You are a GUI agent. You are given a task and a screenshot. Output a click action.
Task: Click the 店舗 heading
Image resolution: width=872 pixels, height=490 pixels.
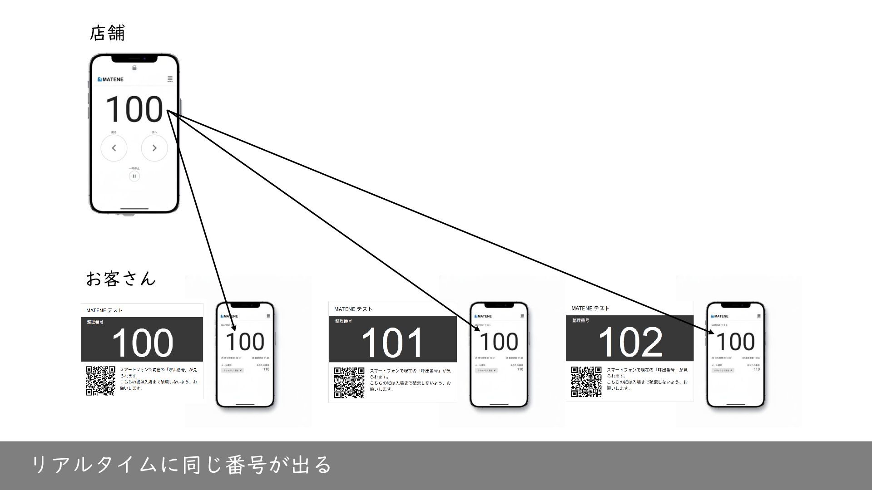107,34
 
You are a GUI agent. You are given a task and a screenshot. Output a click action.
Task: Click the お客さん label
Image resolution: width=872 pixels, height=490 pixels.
121,278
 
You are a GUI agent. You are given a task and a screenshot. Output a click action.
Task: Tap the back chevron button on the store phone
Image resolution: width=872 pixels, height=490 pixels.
114,148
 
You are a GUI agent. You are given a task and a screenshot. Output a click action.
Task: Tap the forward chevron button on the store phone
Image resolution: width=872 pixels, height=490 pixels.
154,148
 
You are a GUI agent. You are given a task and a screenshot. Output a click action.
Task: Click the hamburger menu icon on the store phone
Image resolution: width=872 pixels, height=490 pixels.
170,78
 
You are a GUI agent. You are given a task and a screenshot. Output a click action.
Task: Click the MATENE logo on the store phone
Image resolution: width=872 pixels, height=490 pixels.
110,79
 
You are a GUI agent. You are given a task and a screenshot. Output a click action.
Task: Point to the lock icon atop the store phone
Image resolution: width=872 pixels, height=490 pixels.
134,68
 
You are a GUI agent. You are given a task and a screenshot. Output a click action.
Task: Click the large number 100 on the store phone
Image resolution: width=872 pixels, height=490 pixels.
134,109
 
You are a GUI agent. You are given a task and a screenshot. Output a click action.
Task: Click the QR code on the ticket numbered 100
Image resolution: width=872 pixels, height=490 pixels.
100,380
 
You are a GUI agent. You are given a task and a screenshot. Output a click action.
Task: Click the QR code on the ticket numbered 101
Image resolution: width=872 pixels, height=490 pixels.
349,382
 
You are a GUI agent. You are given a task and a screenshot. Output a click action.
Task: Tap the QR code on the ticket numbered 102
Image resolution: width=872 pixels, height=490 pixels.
586,382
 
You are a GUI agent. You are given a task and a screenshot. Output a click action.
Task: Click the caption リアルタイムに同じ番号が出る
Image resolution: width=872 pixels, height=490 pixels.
182,465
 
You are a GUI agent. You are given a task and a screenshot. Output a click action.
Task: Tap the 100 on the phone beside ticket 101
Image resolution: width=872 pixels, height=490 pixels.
499,342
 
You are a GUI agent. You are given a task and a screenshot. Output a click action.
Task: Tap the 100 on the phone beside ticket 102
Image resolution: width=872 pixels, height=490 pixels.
735,342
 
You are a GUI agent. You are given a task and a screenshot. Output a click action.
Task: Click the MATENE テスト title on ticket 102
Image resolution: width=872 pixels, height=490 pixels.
590,309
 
